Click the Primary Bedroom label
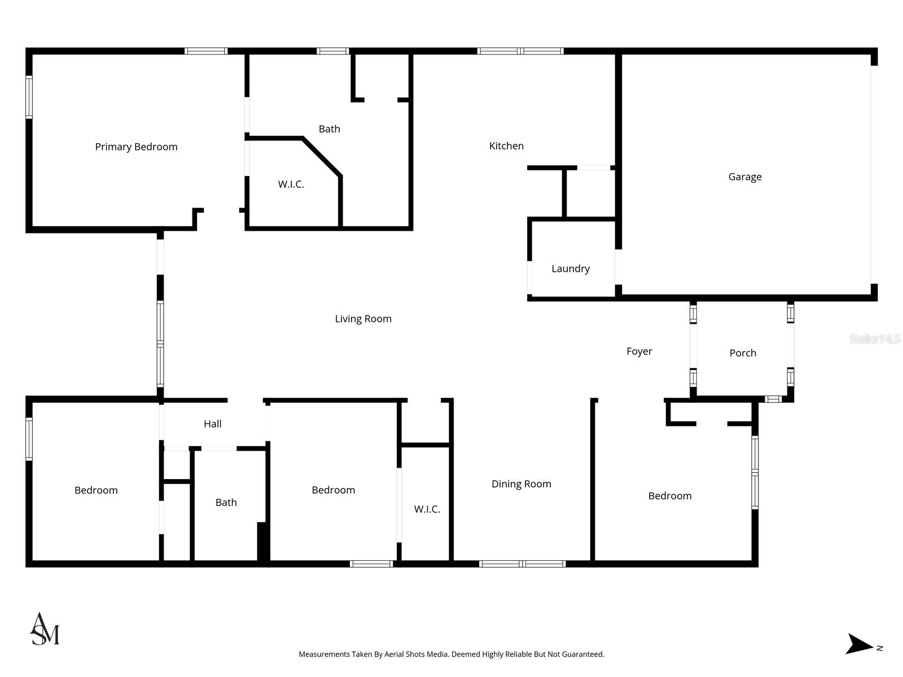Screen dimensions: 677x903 pyautogui.click(x=136, y=147)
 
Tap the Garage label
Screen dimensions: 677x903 pyautogui.click(x=744, y=177)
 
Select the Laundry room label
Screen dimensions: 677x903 pyautogui.click(x=570, y=269)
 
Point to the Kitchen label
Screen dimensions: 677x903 pyautogui.click(x=506, y=146)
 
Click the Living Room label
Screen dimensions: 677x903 pyautogui.click(x=363, y=319)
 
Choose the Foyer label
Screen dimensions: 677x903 pyautogui.click(x=639, y=351)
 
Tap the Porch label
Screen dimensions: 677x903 pyautogui.click(x=742, y=353)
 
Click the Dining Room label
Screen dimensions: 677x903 pyautogui.click(x=521, y=483)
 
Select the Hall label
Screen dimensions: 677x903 pyautogui.click(x=212, y=424)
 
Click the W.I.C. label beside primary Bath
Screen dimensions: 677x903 pyautogui.click(x=291, y=184)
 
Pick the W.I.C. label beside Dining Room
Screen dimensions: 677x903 pyautogui.click(x=427, y=509)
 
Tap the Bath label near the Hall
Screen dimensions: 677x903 pyautogui.click(x=226, y=502)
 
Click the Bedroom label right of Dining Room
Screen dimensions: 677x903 pyautogui.click(x=669, y=495)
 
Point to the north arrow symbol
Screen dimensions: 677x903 pyautogui.click(x=859, y=644)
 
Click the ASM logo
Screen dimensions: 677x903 pyautogui.click(x=45, y=629)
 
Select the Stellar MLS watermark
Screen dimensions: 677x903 pyautogui.click(x=874, y=338)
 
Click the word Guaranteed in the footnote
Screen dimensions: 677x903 pyautogui.click(x=581, y=654)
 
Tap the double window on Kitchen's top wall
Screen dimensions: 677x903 pyautogui.click(x=520, y=51)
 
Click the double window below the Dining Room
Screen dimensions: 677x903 pyautogui.click(x=522, y=564)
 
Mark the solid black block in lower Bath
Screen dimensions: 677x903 pyautogui.click(x=262, y=542)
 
